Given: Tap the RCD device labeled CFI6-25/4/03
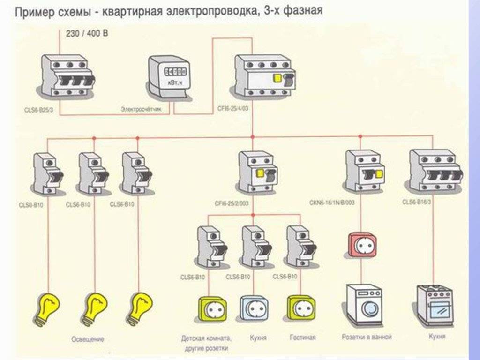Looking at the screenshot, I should (x=265, y=76).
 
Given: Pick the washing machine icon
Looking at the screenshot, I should (x=364, y=305).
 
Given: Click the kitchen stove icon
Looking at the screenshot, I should (x=435, y=305).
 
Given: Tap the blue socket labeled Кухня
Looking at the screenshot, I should (x=255, y=307).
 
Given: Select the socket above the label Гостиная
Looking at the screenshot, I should (x=301, y=307).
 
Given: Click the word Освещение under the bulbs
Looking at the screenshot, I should (x=88, y=339).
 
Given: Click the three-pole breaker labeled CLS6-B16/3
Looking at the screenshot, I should (x=432, y=171).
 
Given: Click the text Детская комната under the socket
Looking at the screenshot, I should (x=206, y=338).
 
